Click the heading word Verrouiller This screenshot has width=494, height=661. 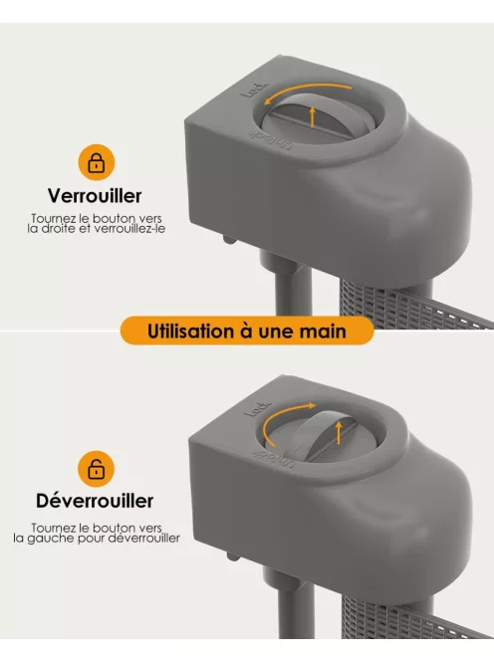click(95, 196)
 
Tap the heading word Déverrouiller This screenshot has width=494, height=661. click(95, 501)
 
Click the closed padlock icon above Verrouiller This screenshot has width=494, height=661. click(96, 161)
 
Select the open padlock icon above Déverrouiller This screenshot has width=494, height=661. click(96, 467)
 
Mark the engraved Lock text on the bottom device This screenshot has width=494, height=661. click(255, 408)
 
